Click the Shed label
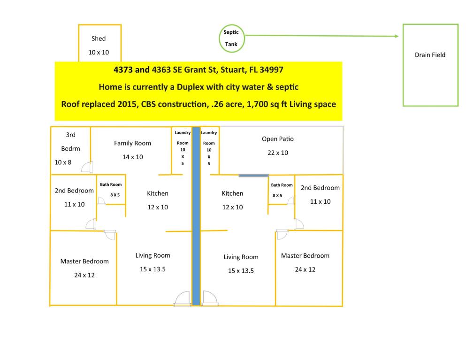pyautogui.click(x=99, y=38)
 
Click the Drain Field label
pyautogui.click(x=430, y=55)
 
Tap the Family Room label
pyautogui.click(x=132, y=143)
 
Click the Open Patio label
pyautogui.click(x=277, y=139)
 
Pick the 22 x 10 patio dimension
pyautogui.click(x=277, y=153)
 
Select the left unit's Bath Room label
pyautogui.click(x=111, y=184)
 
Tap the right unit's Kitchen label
pyautogui.click(x=232, y=193)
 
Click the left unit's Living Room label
pyautogui.click(x=153, y=255)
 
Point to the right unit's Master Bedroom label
pyautogui.click(x=305, y=256)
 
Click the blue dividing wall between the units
pyautogui.click(x=196, y=216)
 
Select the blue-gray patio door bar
pyautogui.click(x=253, y=176)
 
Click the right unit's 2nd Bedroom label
pyautogui.click(x=320, y=188)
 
